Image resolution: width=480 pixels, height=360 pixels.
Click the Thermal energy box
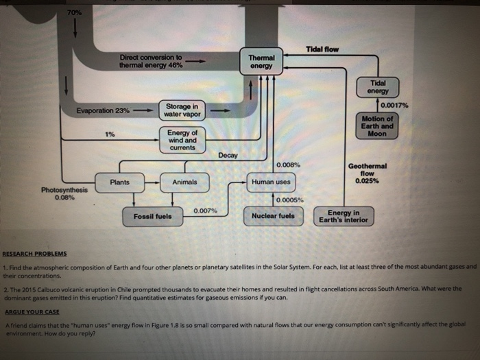261,62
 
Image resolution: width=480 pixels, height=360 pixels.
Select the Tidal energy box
378,87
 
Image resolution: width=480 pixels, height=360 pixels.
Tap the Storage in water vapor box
182,110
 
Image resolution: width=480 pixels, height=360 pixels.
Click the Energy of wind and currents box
182,141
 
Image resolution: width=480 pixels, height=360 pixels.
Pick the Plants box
120,182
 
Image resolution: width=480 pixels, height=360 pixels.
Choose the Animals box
184,182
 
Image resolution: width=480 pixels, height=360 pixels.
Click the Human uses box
271,182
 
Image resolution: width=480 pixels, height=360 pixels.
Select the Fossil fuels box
153,217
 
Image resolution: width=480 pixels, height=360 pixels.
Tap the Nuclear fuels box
273,215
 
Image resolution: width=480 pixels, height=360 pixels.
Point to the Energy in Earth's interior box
343,217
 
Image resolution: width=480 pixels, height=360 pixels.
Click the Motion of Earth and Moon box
377,126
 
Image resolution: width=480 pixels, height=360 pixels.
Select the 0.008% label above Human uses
288,165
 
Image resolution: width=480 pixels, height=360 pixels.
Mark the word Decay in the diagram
228,156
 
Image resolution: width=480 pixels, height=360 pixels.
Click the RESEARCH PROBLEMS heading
34,253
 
